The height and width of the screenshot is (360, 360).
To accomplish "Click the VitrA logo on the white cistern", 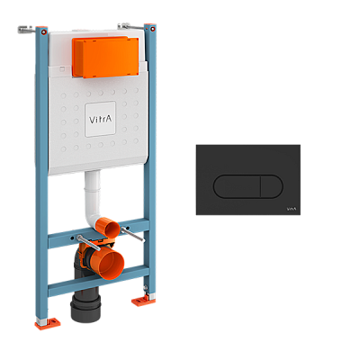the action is pyautogui.click(x=100, y=120).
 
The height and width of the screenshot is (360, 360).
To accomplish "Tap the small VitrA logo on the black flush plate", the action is pyautogui.click(x=292, y=209).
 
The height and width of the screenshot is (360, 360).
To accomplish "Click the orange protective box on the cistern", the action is pyautogui.click(x=105, y=57).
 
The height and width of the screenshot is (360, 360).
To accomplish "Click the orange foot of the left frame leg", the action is pyautogui.click(x=48, y=323).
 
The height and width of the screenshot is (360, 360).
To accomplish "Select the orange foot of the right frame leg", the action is pyautogui.click(x=143, y=300).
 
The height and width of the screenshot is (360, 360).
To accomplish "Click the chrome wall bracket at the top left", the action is pyautogui.click(x=26, y=30).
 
